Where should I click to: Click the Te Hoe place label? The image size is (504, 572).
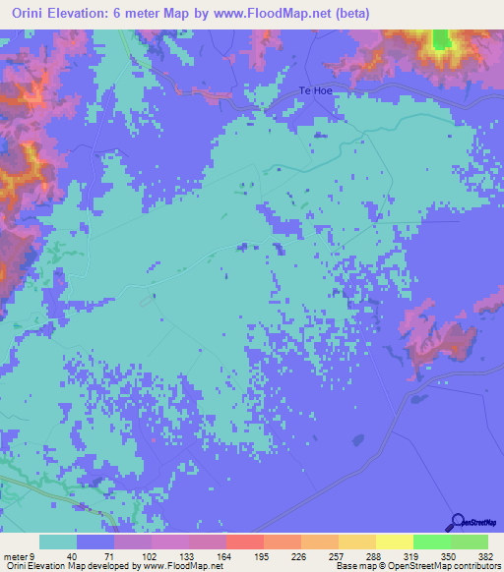pyautogui.click(x=317, y=91)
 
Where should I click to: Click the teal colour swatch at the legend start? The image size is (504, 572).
pyautogui.click(x=57, y=543)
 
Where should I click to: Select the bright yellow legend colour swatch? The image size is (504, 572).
pyautogui.click(x=394, y=543)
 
